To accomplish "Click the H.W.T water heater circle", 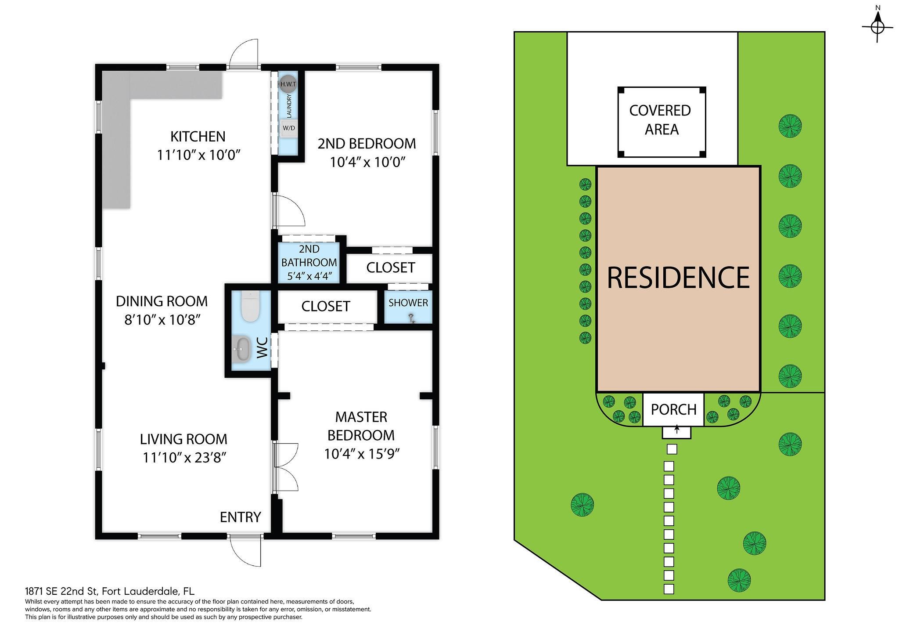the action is click(288, 83).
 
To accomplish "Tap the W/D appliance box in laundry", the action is click(289, 128).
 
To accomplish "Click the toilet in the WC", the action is click(251, 307).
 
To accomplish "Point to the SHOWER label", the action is click(408, 303).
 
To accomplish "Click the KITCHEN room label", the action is click(198, 137).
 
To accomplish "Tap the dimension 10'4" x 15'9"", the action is click(362, 453).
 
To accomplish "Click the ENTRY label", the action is click(241, 517).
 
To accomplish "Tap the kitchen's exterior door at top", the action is click(244, 54).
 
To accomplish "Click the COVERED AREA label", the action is click(661, 120).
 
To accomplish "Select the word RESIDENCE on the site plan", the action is click(678, 277).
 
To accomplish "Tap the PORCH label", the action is click(674, 409).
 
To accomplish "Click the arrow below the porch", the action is click(677, 429).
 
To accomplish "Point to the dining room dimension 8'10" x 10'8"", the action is click(162, 320).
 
